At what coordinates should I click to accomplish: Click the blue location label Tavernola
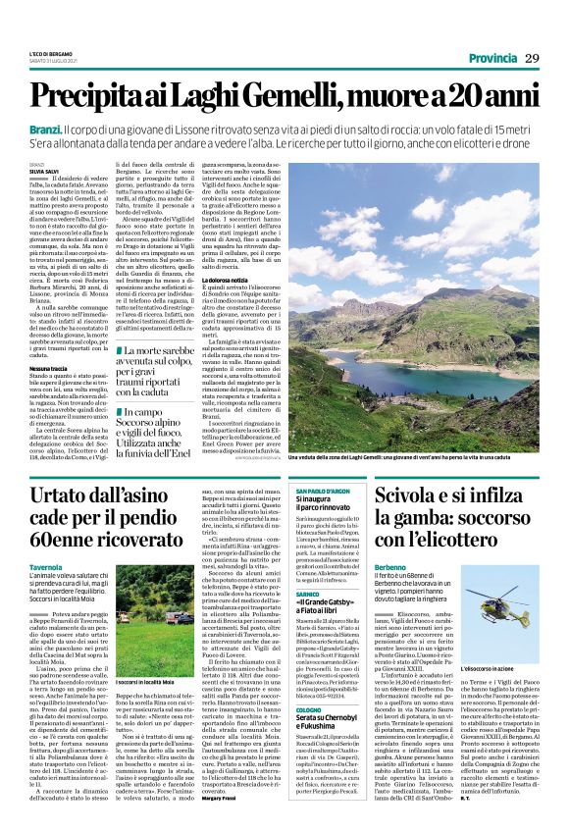(46, 568)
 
